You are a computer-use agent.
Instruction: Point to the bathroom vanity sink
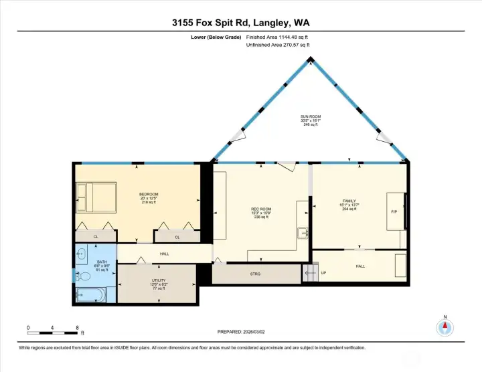pos(81,254)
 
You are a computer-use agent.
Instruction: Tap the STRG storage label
pos(255,274)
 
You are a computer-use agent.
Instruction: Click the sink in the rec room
pos(303,233)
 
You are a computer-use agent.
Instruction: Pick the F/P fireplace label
pos(394,212)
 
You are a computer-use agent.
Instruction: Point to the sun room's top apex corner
pos(311,59)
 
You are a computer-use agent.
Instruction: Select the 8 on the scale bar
pos(78,329)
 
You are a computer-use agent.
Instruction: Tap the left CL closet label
pos(96,237)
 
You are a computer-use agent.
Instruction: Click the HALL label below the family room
pos(360,266)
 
